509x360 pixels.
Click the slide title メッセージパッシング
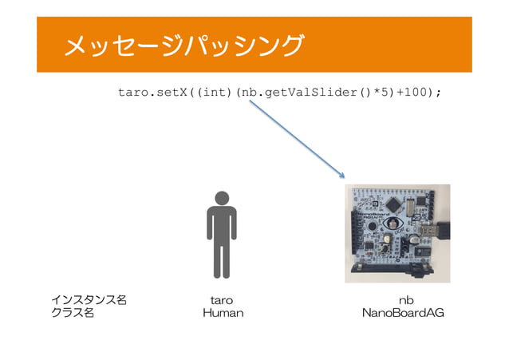pos(183,45)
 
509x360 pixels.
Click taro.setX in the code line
pos(152,93)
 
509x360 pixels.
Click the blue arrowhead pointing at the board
pos(342,175)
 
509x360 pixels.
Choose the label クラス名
pos(73,314)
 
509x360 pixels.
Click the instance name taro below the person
pos(221,300)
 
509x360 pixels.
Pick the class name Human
pos(223,314)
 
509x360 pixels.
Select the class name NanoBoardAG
pos(403,314)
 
